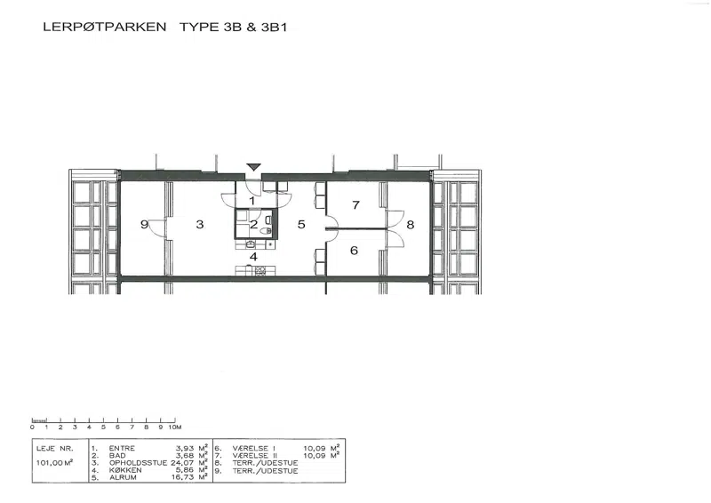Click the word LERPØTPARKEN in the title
tap(105, 27)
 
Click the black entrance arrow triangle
tap(253, 167)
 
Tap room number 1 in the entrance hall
tap(252, 201)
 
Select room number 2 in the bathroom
tap(253, 224)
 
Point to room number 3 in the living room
tap(199, 224)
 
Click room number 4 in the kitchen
tap(253, 257)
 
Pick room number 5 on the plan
tap(301, 224)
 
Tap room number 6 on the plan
tap(354, 251)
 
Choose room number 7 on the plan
tap(356, 205)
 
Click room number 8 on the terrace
tap(411, 225)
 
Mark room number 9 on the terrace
tap(144, 224)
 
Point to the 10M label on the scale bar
tap(175, 427)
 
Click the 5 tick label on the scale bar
tap(103, 427)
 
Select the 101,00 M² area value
tap(54, 463)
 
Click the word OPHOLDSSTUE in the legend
tap(139, 463)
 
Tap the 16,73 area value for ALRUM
tap(182, 477)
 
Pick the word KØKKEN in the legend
tap(125, 470)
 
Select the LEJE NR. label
tap(54, 449)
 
